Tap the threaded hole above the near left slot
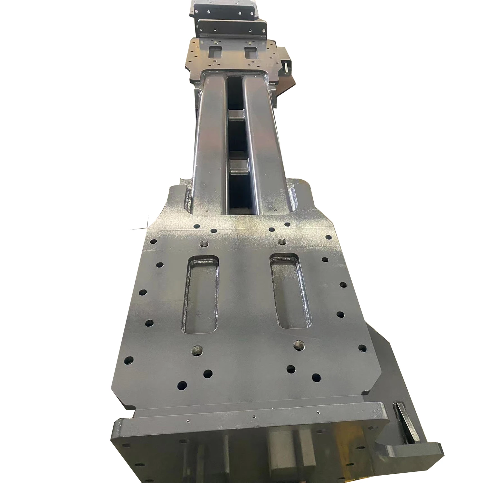[x=204, y=243]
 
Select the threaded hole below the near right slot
[x=299, y=345]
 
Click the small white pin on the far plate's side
[x=286, y=67]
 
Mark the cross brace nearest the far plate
[x=237, y=115]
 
